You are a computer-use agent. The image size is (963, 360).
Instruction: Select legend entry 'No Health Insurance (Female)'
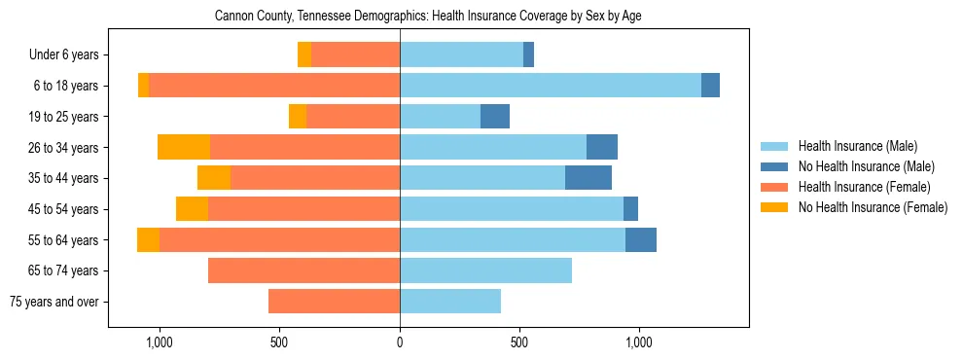click(872, 207)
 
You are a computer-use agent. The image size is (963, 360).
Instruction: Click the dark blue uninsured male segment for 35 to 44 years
click(588, 178)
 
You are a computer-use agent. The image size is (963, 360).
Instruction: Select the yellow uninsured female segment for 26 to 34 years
click(184, 147)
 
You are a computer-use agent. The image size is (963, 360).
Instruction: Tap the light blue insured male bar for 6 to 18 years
click(551, 86)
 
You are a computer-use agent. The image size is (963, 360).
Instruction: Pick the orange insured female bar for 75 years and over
click(334, 302)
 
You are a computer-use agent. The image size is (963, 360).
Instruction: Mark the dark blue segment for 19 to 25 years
click(495, 117)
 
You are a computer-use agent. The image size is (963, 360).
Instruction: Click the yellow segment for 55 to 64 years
click(148, 239)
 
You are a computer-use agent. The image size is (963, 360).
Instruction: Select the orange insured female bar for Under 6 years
click(355, 55)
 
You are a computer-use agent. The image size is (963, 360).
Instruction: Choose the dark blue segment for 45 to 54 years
click(630, 209)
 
